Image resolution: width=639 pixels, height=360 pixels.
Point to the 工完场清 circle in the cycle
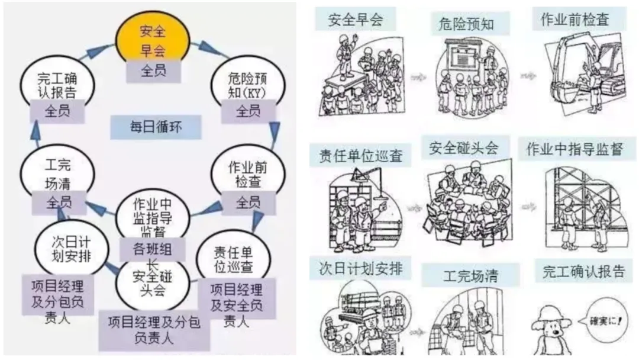pos(57,171)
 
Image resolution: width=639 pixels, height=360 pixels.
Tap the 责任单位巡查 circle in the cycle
pos(233,256)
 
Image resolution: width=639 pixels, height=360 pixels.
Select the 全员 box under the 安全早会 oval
pos(153,71)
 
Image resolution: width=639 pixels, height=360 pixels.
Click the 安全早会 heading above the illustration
pos(356,20)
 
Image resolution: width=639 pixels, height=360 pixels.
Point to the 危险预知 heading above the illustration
pos(466,24)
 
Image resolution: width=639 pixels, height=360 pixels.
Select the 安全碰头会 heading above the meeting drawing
pos(463,147)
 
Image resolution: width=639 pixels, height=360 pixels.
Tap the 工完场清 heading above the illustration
pos(470,276)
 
